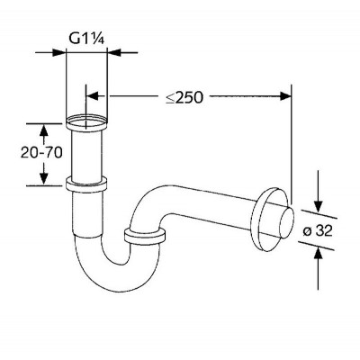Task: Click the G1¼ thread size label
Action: coord(86,39)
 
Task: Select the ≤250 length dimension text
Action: coord(184,96)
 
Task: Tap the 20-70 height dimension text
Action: coord(41,153)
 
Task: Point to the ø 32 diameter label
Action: coord(318,231)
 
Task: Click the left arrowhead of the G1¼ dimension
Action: coord(58,52)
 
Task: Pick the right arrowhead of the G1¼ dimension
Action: coord(114,52)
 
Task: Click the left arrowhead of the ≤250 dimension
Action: coord(93,96)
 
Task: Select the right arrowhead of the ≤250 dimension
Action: coord(285,96)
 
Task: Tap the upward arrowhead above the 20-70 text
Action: coord(44,130)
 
